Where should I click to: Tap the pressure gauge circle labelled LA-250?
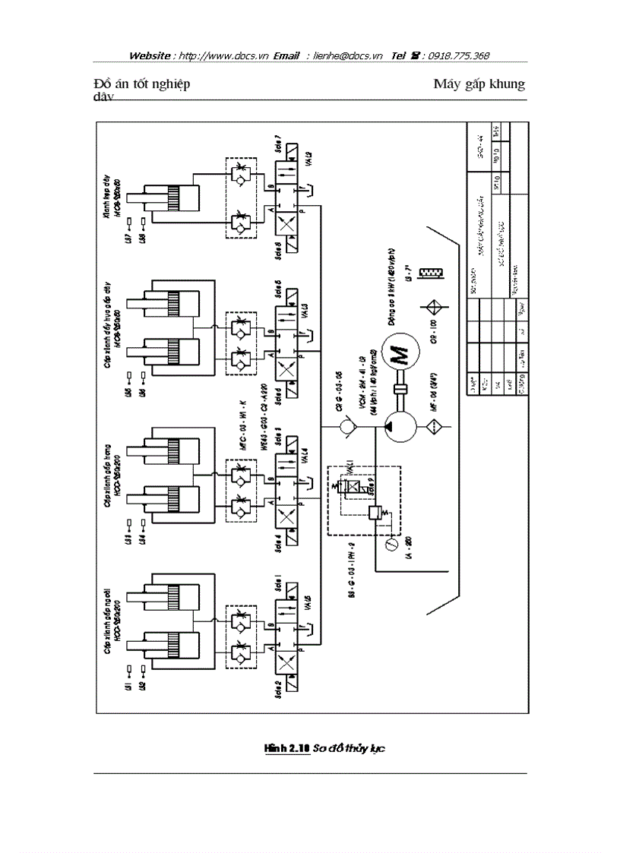click(x=391, y=544)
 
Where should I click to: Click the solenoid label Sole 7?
click(x=280, y=144)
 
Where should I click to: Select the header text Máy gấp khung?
click(x=479, y=84)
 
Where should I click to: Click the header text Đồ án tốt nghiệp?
click(x=142, y=84)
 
